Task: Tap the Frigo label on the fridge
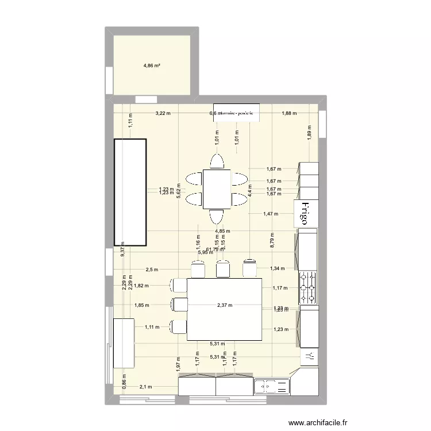tap(305, 214)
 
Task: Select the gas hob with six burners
tap(307, 287)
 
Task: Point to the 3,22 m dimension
tap(163, 113)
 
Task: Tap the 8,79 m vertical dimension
tap(272, 238)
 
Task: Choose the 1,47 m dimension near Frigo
tap(270, 214)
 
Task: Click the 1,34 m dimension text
tap(277, 268)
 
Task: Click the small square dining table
tap(217, 189)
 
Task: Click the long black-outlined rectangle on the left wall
tap(130, 192)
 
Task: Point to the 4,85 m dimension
tap(222, 231)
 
